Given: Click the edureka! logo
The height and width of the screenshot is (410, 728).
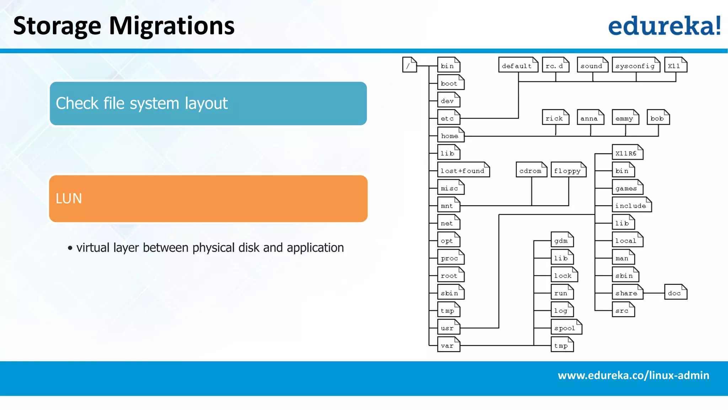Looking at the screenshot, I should [x=664, y=26].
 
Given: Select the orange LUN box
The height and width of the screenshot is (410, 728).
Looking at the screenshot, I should [x=208, y=199].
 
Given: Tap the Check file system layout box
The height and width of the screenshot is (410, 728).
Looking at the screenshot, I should [x=208, y=103].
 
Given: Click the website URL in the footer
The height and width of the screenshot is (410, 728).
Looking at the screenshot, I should [x=633, y=375].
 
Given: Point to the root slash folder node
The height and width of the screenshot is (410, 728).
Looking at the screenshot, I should [x=409, y=65].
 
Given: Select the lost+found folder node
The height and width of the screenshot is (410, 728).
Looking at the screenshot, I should [x=463, y=170].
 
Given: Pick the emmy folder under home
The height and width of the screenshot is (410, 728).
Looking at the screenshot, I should [x=625, y=118].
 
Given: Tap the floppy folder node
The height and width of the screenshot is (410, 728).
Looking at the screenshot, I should [x=568, y=170].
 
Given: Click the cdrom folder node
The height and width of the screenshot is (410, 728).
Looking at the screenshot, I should [x=531, y=170].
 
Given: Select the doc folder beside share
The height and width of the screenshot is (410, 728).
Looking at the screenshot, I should [x=675, y=293].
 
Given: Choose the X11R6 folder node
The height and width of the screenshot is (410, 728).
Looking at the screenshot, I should [x=627, y=153].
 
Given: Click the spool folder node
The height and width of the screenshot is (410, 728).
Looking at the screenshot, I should [x=566, y=327].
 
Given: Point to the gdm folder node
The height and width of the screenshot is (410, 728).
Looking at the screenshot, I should [x=562, y=240].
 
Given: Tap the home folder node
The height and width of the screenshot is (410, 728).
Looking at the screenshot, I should [x=450, y=135].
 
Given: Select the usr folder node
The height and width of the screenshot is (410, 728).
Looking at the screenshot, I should [x=448, y=327].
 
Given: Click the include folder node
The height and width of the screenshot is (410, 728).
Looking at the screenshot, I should [x=631, y=205].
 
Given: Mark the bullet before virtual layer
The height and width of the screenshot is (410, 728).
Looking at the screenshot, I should [x=70, y=248].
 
